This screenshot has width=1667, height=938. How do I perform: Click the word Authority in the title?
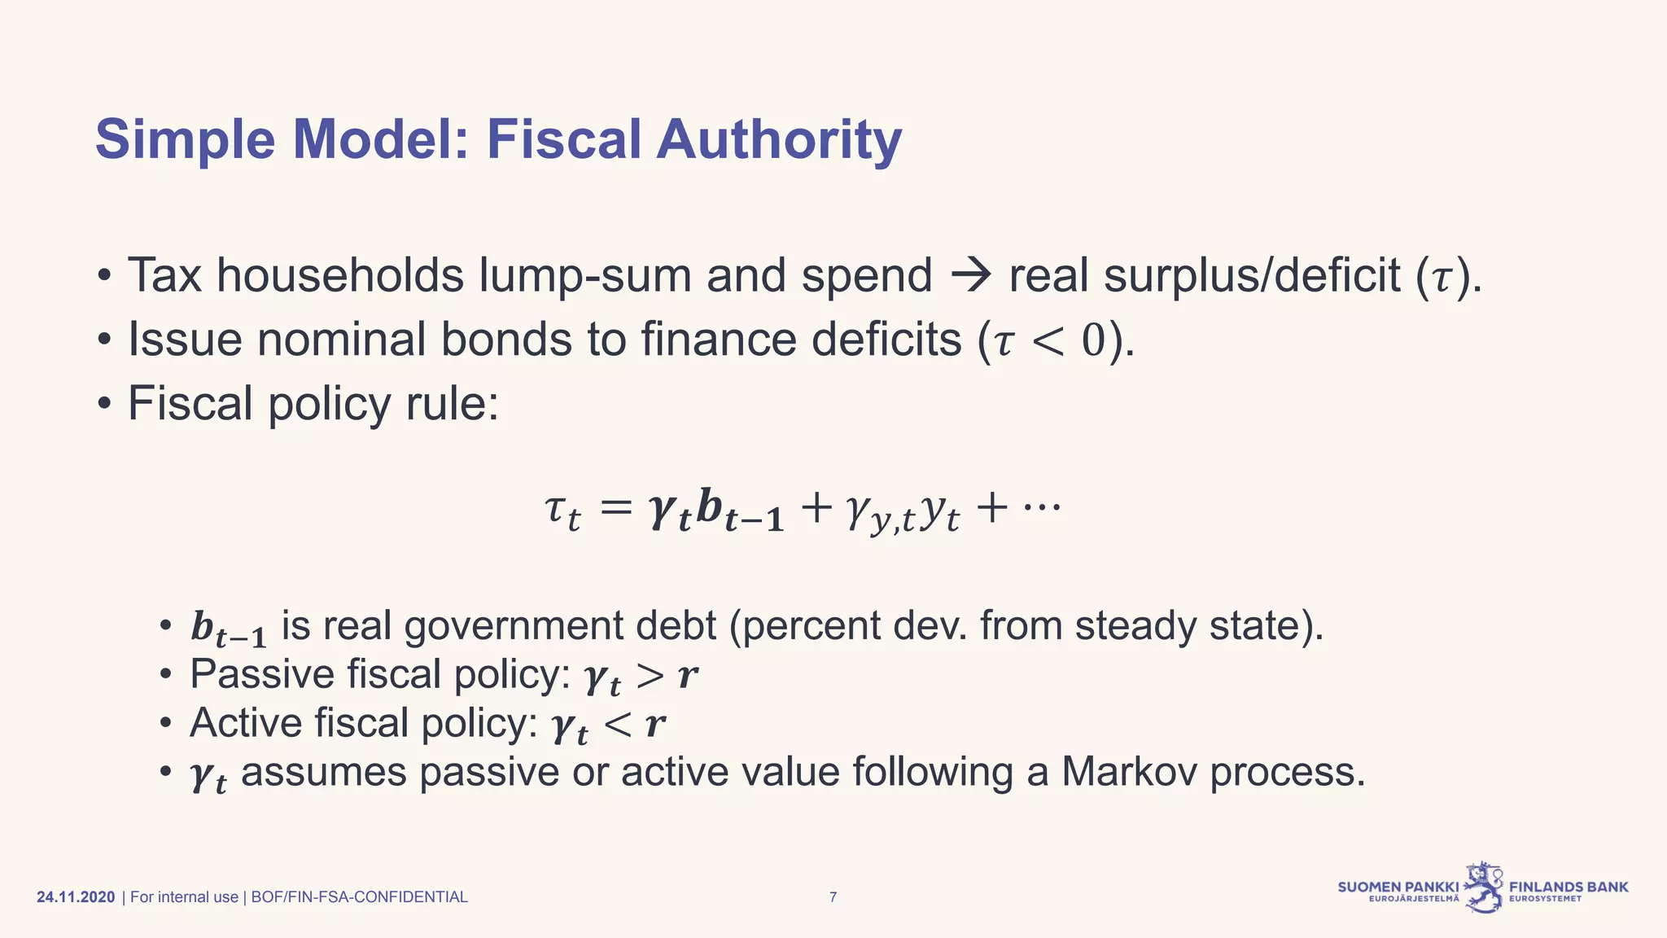point(779,140)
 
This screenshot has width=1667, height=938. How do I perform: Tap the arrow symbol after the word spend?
point(970,275)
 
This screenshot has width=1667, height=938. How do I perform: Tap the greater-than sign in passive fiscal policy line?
point(650,676)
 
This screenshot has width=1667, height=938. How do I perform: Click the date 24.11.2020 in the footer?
point(76,897)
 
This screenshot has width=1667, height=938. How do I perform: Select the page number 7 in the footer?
point(833,897)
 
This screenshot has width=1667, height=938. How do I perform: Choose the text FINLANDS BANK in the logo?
point(1569,887)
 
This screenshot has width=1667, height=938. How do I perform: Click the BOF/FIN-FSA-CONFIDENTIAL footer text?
point(359,897)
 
